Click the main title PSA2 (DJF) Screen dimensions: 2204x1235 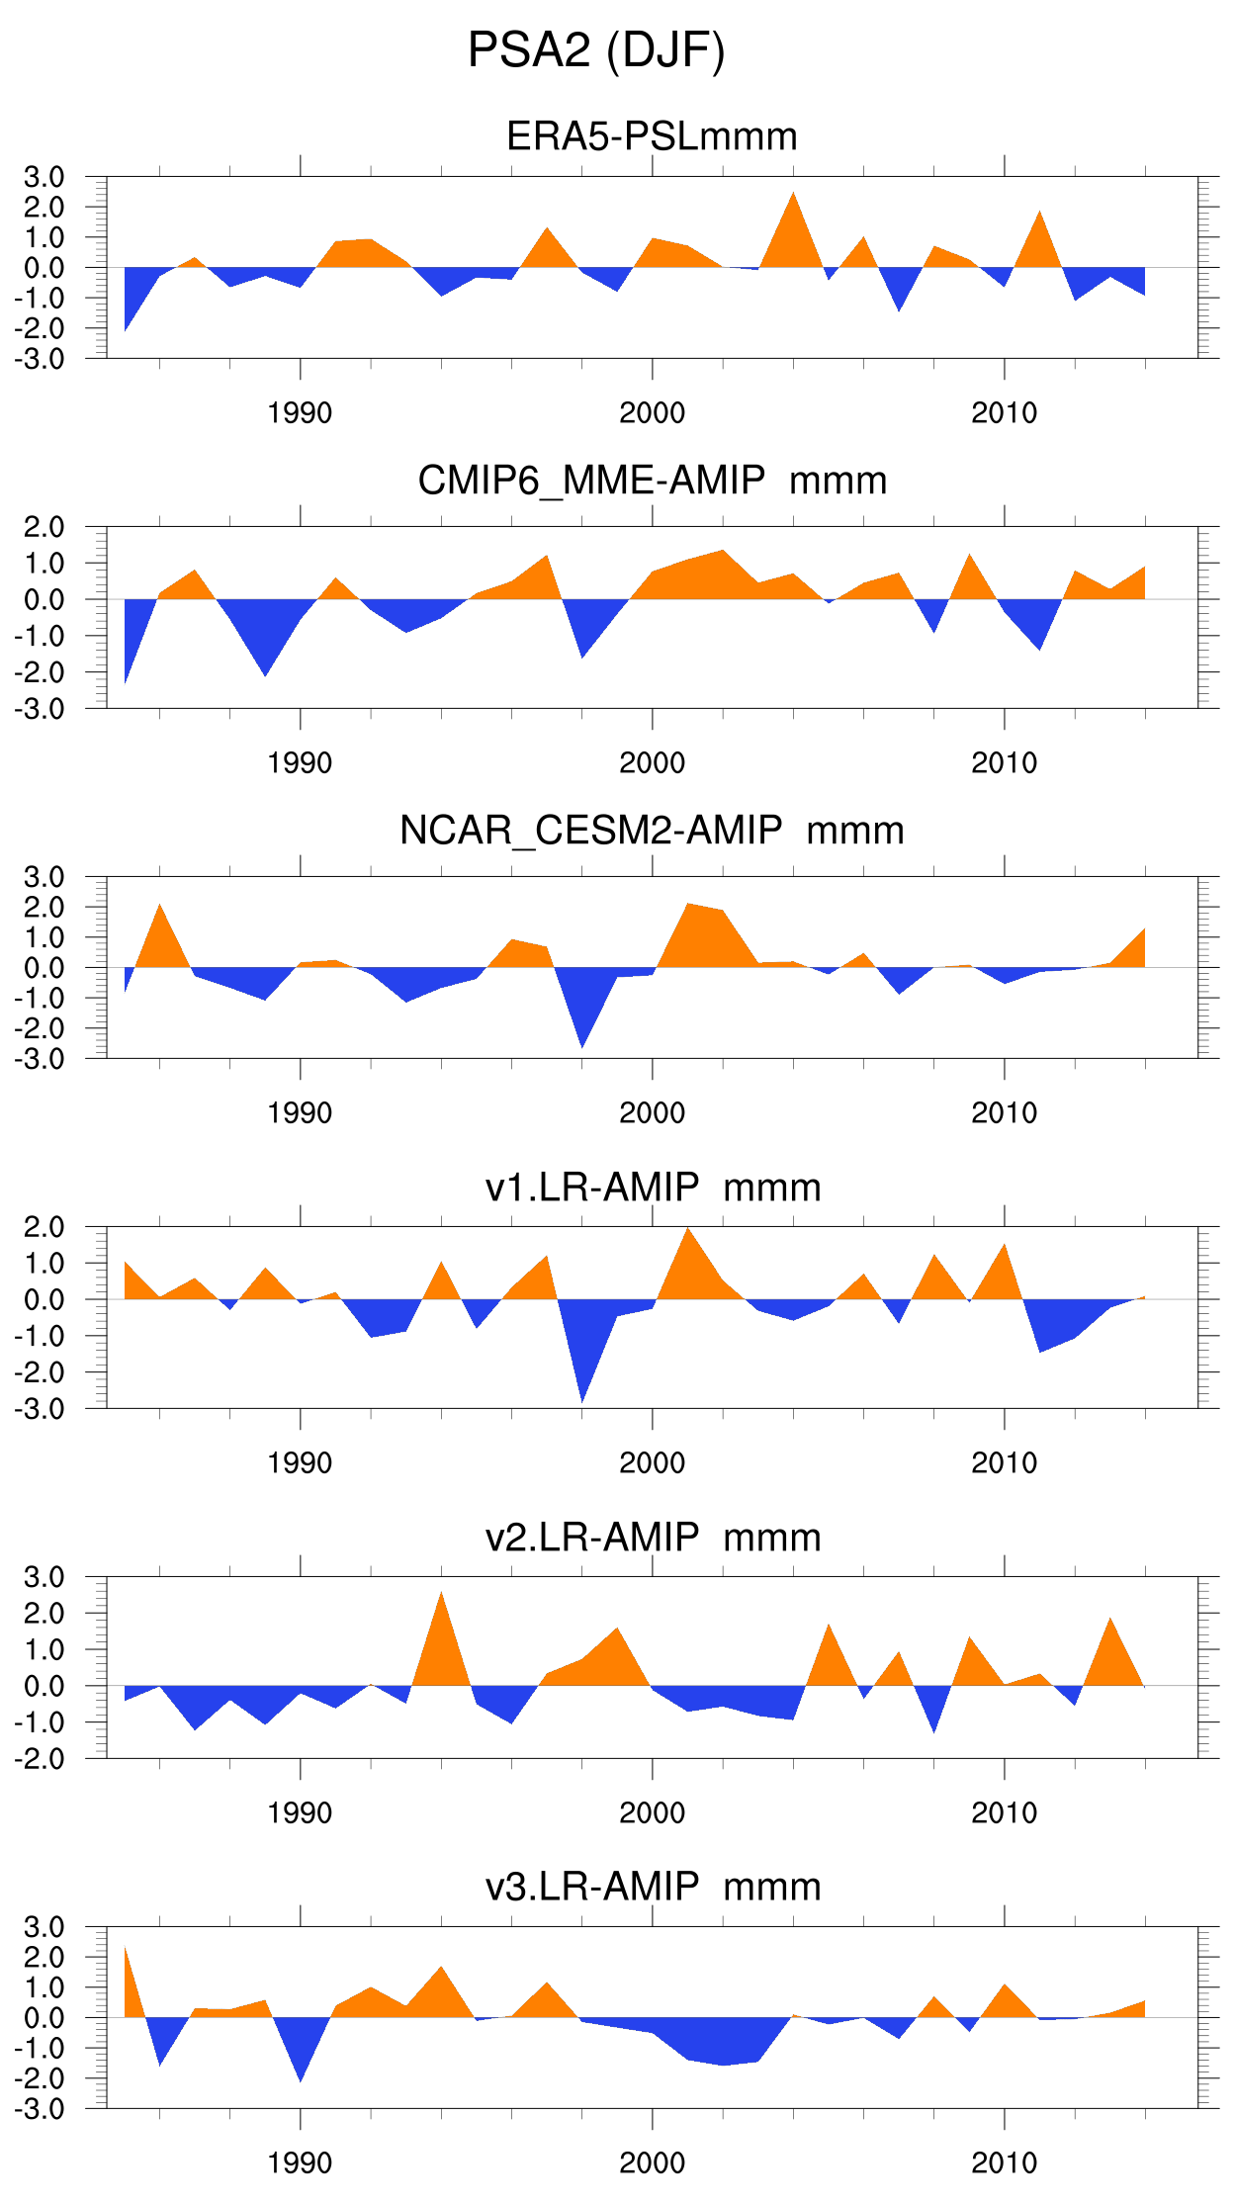[596, 50]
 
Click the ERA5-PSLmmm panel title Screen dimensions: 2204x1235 [652, 136]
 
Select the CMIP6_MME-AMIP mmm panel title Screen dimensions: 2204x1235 [652, 481]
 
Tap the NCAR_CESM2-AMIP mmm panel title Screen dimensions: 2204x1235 [652, 831]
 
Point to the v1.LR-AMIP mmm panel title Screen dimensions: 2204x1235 [652, 1187]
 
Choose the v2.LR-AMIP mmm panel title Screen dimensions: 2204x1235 [652, 1537]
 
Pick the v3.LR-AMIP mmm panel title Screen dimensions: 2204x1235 [652, 1887]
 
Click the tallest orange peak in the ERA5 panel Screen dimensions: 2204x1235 [793, 196]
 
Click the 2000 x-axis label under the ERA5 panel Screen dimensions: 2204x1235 [652, 412]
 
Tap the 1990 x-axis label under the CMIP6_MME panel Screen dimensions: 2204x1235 [300, 762]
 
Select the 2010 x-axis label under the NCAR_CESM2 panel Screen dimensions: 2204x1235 [1004, 1112]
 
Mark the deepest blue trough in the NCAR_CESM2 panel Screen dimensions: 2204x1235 [582, 1043]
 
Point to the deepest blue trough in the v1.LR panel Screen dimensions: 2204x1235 [582, 1398]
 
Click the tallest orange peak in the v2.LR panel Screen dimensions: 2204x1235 [441, 1595]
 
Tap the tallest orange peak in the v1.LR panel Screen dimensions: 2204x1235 [688, 1231]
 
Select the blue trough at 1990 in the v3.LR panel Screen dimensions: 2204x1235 [300, 2077]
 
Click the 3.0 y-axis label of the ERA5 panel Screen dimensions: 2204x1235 [44, 177]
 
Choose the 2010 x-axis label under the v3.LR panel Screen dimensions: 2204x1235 [1004, 2162]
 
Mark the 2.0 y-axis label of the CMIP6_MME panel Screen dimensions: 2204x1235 [44, 527]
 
